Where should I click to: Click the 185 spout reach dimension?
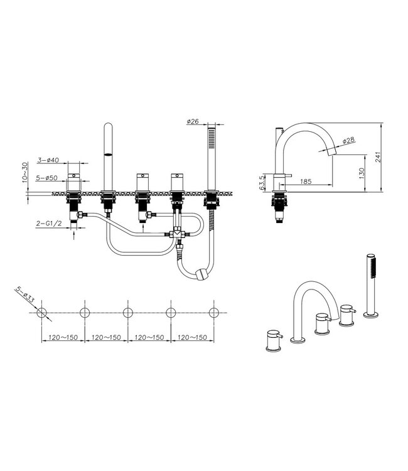pyautogui.click(x=306, y=181)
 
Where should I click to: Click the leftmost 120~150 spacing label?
pyautogui.click(x=62, y=337)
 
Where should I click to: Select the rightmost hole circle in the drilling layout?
pyautogui.click(x=214, y=312)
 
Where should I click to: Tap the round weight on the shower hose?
pyautogui.click(x=201, y=275)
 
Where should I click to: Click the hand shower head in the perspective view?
pyautogui.click(x=372, y=267)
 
